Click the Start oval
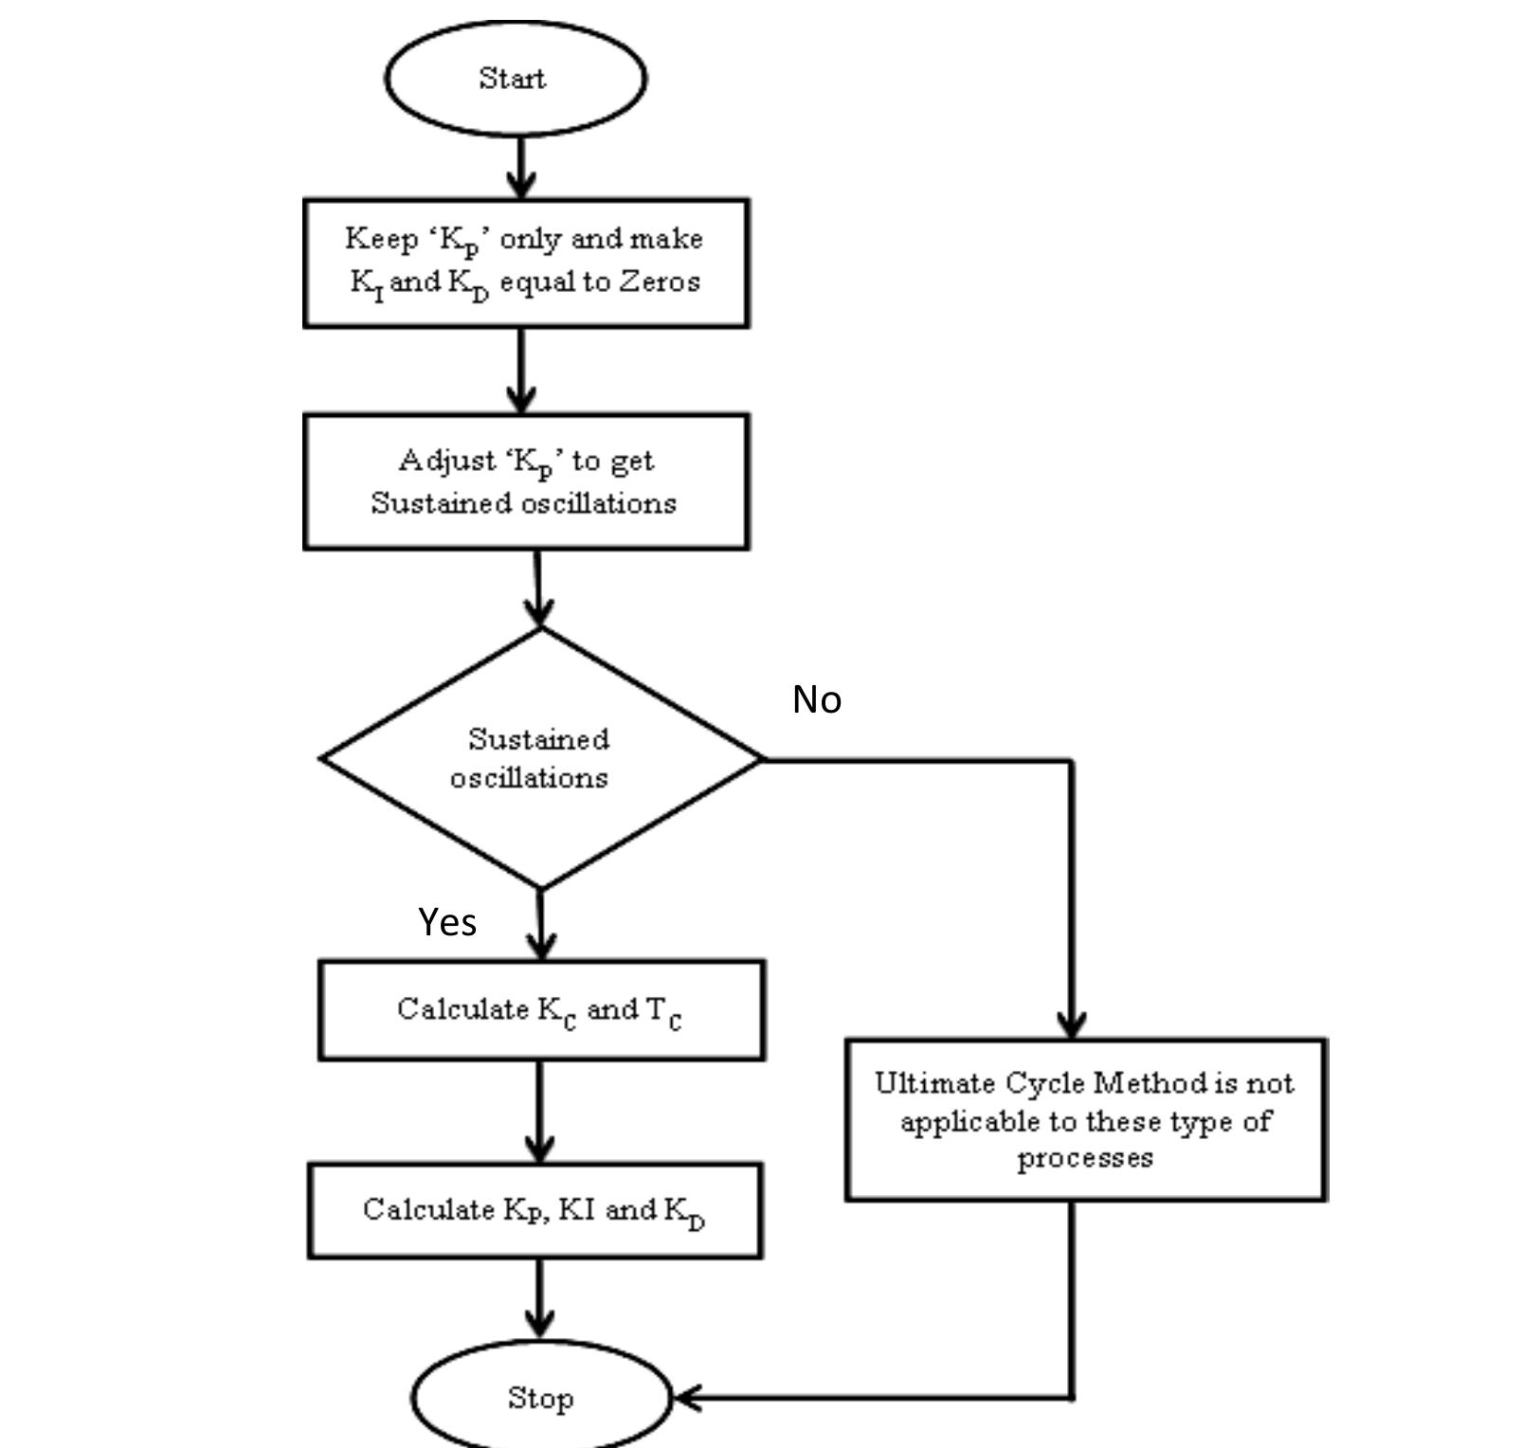pyautogui.click(x=516, y=78)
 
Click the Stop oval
pyautogui.click(x=540, y=1398)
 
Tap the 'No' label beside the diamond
pyautogui.click(x=816, y=699)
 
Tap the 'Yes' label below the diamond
pyautogui.click(x=447, y=921)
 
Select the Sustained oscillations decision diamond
pyautogui.click(x=540, y=758)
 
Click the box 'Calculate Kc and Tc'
pyautogui.click(x=541, y=1009)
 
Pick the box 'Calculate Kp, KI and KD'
pyautogui.click(x=535, y=1211)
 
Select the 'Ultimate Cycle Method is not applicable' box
pyautogui.click(x=1085, y=1120)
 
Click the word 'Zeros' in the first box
pyautogui.click(x=660, y=281)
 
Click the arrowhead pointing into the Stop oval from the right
pyautogui.click(x=686, y=1398)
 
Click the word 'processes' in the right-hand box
pyautogui.click(x=1085, y=1158)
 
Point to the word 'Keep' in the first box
pyautogui.click(x=381, y=239)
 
